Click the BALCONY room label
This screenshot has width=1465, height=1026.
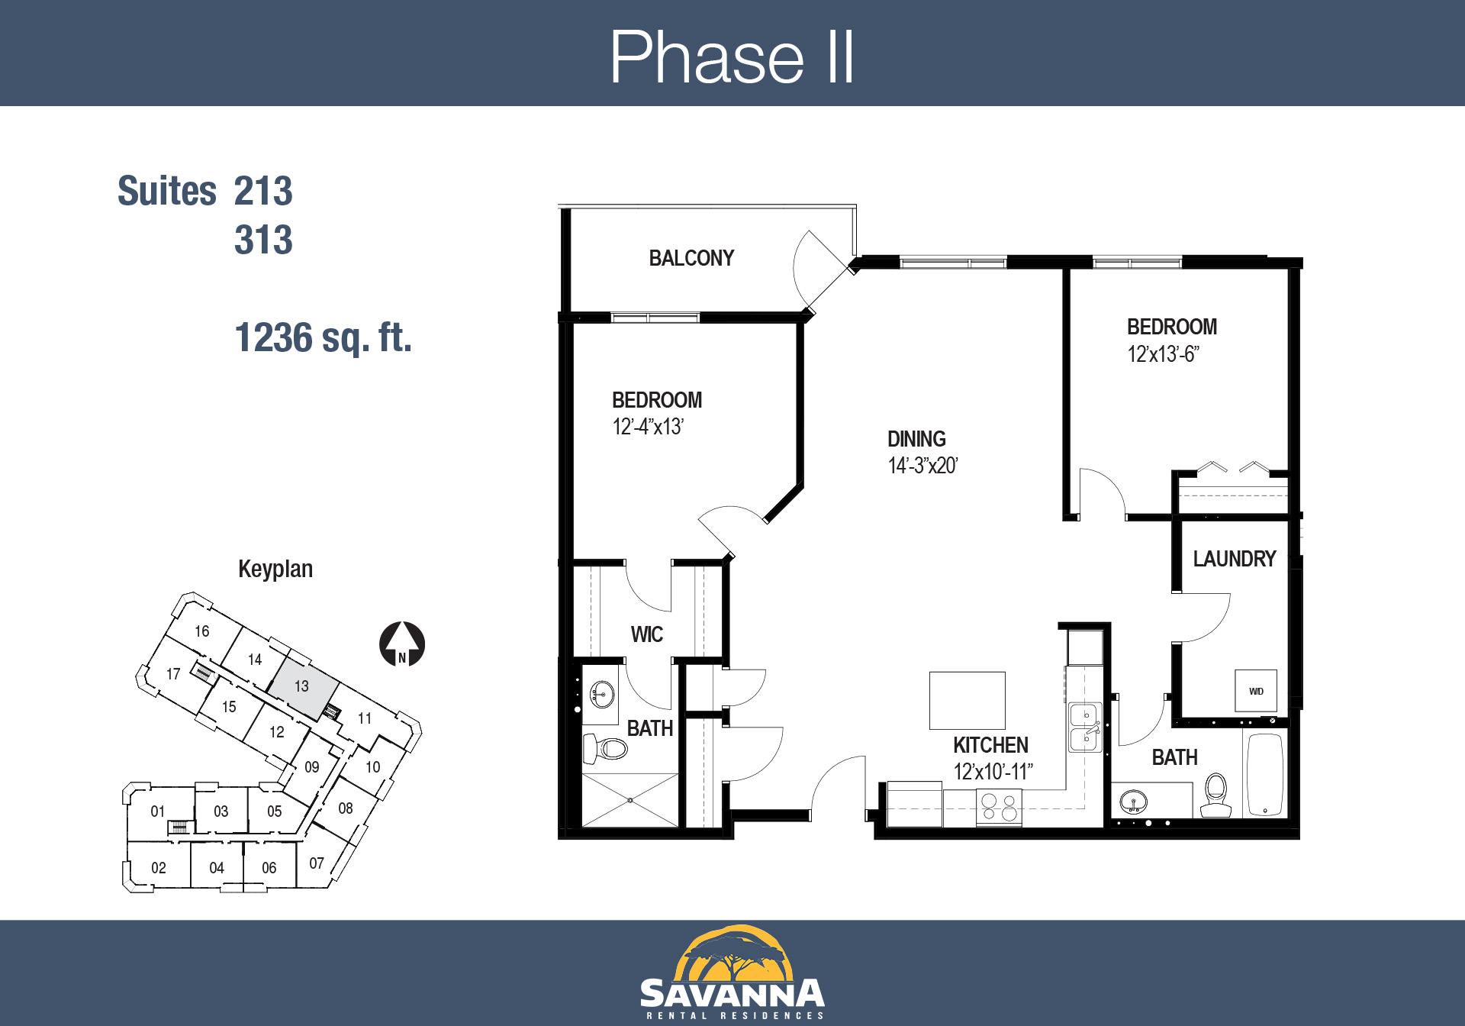(x=691, y=258)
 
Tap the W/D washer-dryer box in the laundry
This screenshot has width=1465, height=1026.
(x=1256, y=691)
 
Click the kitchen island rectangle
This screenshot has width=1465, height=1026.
(x=967, y=700)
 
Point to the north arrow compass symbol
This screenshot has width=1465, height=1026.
(x=402, y=644)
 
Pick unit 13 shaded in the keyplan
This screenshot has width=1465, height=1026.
(x=303, y=687)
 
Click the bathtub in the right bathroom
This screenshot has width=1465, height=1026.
(x=1264, y=774)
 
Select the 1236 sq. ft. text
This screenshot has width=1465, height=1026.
(x=323, y=337)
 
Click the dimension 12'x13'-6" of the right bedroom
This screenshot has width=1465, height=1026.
(x=1163, y=354)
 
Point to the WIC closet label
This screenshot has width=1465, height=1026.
(x=646, y=634)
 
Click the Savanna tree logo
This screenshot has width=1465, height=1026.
(x=732, y=953)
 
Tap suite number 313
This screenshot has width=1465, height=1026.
(x=263, y=240)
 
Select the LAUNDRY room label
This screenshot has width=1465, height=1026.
(x=1234, y=559)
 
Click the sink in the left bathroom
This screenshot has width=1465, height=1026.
(x=602, y=695)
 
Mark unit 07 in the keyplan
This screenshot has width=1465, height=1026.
(x=317, y=863)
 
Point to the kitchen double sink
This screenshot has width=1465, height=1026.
(x=1084, y=727)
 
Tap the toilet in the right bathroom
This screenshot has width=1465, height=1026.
(x=1215, y=795)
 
